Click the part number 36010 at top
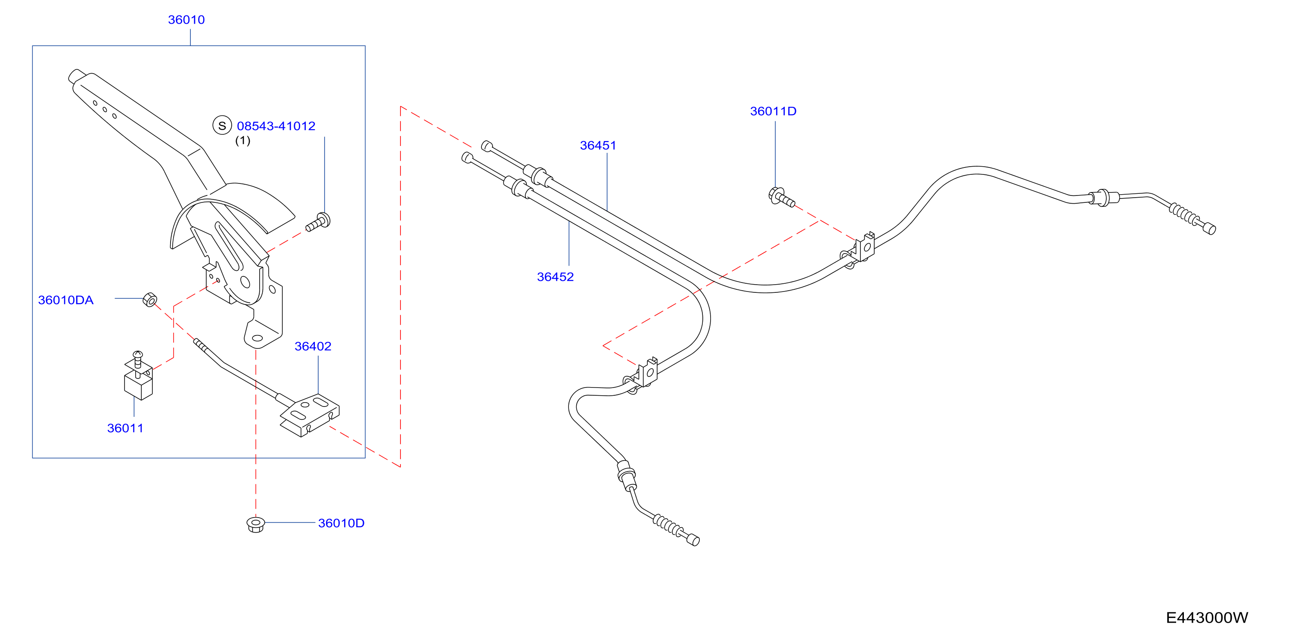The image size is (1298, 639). point(186,20)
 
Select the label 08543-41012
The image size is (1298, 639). point(276,126)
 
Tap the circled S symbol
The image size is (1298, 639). point(222,125)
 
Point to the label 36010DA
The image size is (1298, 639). point(66,301)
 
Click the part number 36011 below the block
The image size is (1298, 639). point(125,428)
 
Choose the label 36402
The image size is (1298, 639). point(313,347)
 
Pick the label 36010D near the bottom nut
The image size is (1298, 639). point(341,523)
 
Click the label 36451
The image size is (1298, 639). point(598,146)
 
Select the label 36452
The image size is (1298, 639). point(555,277)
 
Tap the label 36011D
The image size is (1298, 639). point(773,112)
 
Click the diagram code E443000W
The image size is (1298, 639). point(1207,618)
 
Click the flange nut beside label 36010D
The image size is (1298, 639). point(255,524)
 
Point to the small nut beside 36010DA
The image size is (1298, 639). point(149,299)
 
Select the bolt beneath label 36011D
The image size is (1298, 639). point(781,197)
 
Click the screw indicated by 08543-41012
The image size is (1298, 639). point(318,223)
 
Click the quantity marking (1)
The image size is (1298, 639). point(243,141)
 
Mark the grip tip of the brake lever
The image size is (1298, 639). point(76,76)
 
